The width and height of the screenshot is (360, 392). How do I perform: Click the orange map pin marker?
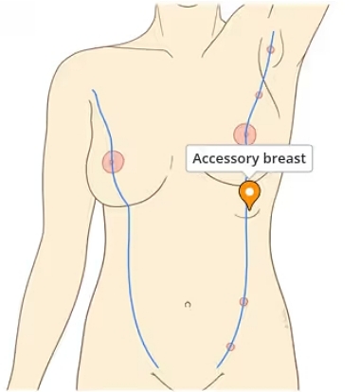point(249,195)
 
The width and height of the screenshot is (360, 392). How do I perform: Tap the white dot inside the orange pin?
point(249,192)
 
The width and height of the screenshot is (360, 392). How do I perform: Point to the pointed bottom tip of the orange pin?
point(249,209)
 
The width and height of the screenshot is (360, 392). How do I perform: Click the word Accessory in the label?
point(225,159)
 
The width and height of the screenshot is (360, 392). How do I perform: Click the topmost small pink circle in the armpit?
point(271,49)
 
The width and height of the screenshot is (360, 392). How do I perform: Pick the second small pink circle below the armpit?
point(259,95)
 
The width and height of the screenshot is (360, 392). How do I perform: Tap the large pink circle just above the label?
point(244,134)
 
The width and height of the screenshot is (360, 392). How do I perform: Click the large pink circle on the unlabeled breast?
point(113,163)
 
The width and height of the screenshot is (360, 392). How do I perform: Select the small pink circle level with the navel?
point(243,302)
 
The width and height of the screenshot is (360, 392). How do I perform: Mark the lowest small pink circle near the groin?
point(230,347)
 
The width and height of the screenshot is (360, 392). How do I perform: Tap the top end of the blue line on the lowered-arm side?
point(94,91)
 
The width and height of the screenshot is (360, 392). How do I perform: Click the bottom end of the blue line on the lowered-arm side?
point(157,365)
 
